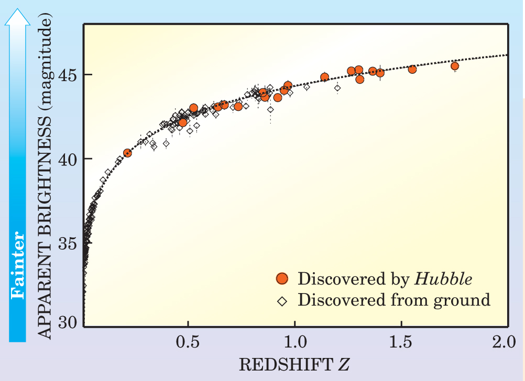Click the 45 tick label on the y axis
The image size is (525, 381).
(x=67, y=74)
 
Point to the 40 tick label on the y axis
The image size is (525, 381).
(x=67, y=159)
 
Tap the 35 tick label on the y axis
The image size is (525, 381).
(x=67, y=243)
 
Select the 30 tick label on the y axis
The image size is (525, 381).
(x=67, y=323)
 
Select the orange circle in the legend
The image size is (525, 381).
(x=282, y=279)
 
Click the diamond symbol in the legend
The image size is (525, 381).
(x=282, y=301)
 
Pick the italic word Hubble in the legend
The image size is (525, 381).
(x=443, y=279)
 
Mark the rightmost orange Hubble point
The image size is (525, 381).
(x=455, y=66)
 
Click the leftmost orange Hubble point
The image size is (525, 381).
(x=127, y=153)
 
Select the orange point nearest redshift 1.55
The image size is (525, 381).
(x=412, y=69)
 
